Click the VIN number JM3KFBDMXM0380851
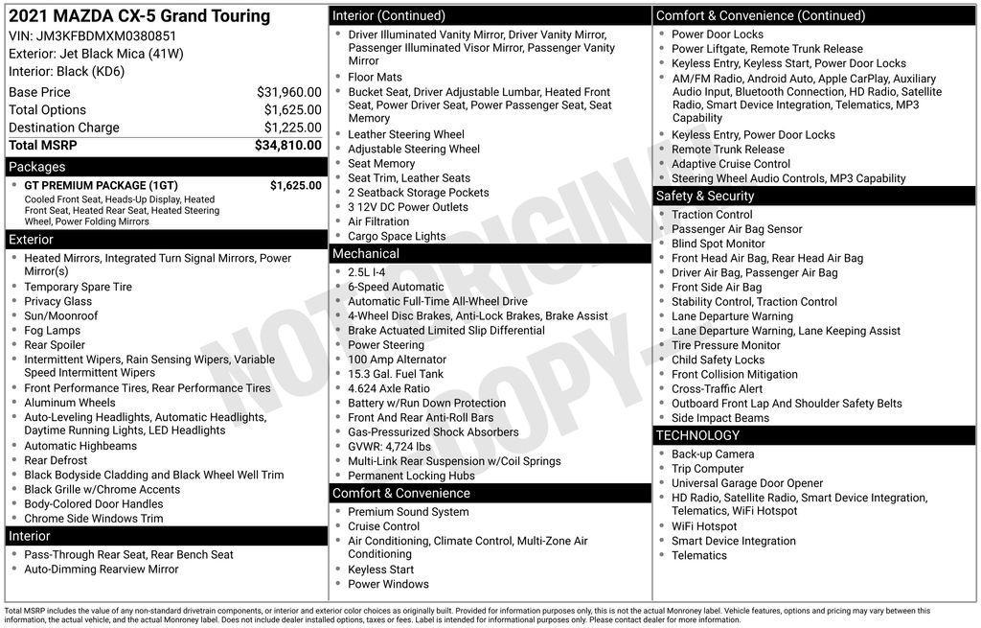(x=105, y=36)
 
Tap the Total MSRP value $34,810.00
(x=287, y=145)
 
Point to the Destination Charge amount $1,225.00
(x=292, y=128)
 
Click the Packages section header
(x=37, y=167)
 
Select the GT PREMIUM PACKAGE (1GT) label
(x=101, y=185)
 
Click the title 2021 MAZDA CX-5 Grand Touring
(x=139, y=16)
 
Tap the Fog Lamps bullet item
(x=52, y=331)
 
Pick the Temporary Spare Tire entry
(x=78, y=287)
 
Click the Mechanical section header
(x=365, y=254)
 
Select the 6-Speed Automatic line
(x=396, y=287)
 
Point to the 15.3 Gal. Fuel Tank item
(x=396, y=374)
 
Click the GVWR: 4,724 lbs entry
(x=389, y=447)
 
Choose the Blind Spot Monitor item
(x=719, y=244)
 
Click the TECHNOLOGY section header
(x=698, y=435)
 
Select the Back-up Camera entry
(x=713, y=454)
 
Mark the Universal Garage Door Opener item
(x=747, y=483)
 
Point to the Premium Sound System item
(x=408, y=512)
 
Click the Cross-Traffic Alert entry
(x=718, y=389)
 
